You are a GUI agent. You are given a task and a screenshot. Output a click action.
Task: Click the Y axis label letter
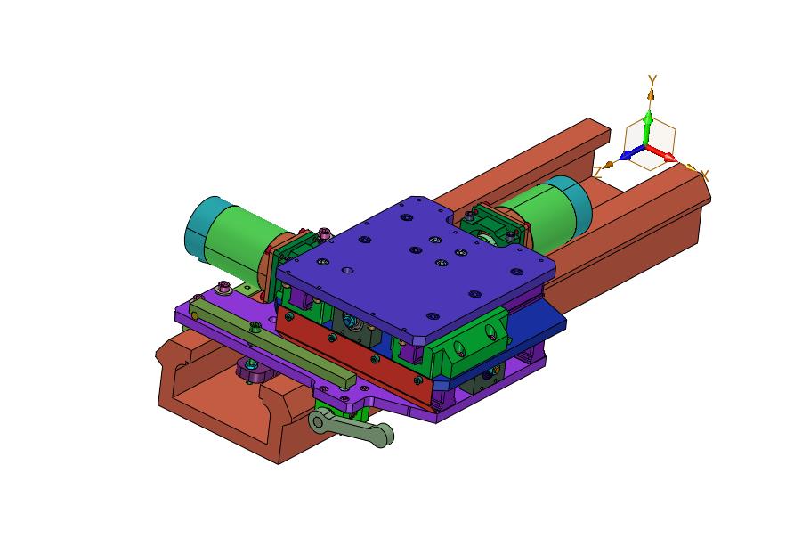coord(652,80)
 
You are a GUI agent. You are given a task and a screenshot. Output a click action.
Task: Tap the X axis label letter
coord(704,175)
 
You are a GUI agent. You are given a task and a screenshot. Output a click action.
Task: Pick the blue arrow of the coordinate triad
coord(632,153)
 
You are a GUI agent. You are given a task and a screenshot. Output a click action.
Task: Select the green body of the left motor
coord(240,240)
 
